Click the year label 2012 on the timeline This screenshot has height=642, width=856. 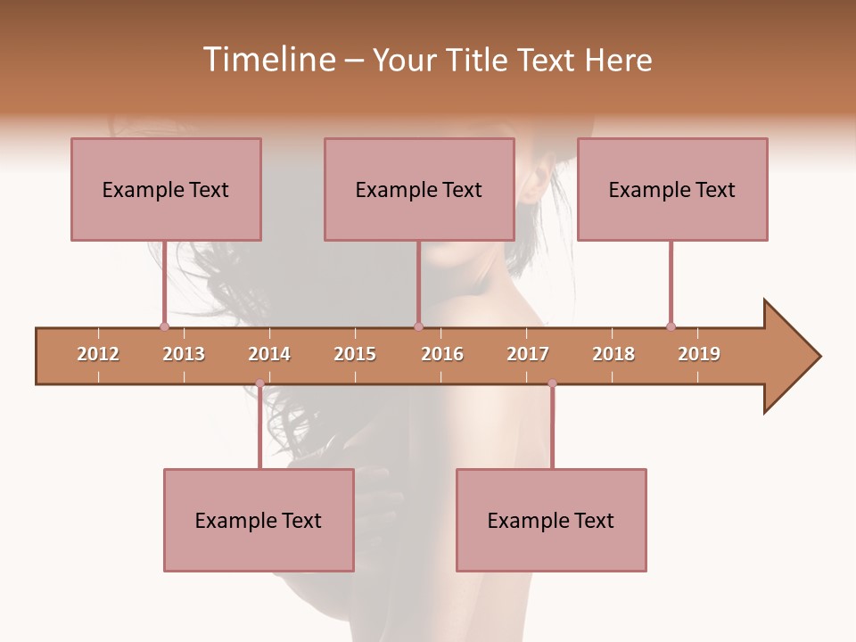point(98,354)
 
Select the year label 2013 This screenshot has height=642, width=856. point(184,354)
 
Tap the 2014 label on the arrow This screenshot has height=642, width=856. point(269,354)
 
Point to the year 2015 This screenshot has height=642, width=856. point(355,354)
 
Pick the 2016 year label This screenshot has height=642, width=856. point(442,354)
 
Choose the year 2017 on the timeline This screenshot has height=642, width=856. point(528,354)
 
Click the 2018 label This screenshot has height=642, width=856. point(613,354)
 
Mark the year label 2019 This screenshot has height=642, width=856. point(699,354)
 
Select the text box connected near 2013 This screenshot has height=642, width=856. point(166,189)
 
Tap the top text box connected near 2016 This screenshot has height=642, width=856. point(419,189)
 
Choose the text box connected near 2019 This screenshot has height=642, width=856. point(672,189)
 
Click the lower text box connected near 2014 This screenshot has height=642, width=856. point(259,520)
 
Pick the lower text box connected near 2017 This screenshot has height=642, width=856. point(551,520)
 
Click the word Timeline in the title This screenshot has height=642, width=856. point(267,60)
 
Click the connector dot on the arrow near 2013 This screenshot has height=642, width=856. point(164,326)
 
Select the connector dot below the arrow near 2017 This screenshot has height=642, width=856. point(552,383)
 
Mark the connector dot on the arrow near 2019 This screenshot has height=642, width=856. point(671,326)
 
